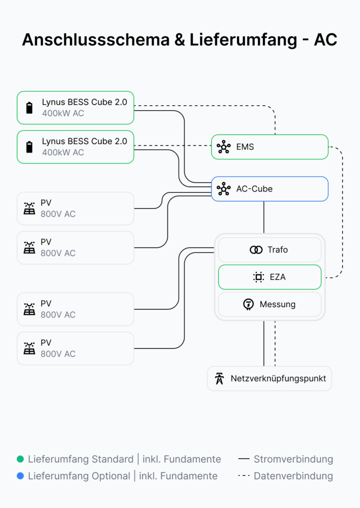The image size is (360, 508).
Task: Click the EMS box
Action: (x=270, y=147)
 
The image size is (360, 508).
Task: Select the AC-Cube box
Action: (x=270, y=189)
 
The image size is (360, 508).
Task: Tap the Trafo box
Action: (x=270, y=250)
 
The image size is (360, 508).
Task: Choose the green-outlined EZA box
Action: (x=270, y=277)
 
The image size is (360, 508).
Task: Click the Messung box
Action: (x=270, y=304)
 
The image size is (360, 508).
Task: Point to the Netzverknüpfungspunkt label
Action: (x=278, y=379)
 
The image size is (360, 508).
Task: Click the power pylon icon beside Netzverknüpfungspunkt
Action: (x=220, y=379)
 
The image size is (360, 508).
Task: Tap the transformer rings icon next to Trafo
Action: (x=256, y=250)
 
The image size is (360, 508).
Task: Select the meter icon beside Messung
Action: (x=248, y=304)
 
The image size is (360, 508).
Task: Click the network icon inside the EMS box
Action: (x=224, y=147)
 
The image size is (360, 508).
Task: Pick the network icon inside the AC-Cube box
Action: (x=224, y=189)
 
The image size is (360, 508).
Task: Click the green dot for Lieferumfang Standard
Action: (x=20, y=459)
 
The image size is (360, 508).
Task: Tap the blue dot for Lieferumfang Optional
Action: (x=20, y=476)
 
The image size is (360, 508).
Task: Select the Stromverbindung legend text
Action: (x=294, y=459)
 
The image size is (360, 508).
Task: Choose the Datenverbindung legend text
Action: (x=294, y=476)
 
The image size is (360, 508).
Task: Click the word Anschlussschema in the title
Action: (x=96, y=40)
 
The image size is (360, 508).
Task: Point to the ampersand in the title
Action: (x=180, y=40)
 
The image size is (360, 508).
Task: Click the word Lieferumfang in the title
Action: (x=243, y=40)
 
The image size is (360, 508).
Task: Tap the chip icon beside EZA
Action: (x=258, y=277)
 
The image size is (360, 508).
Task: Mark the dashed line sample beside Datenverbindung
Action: (x=244, y=476)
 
